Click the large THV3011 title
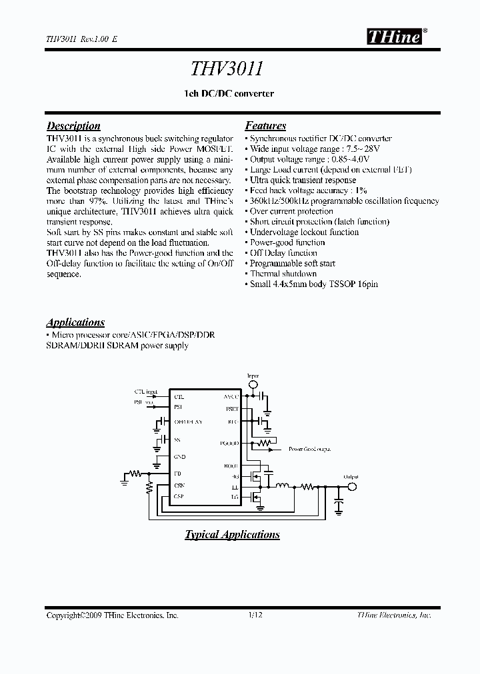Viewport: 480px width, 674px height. (x=228, y=70)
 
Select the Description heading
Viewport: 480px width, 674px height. (x=73, y=126)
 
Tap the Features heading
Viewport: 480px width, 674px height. (x=265, y=126)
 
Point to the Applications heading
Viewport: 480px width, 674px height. (x=75, y=322)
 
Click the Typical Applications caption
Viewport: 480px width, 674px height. (x=232, y=535)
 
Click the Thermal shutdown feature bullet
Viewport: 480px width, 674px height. (x=283, y=274)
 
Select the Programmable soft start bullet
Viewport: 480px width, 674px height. (x=292, y=263)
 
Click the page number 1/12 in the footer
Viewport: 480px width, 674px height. (x=256, y=616)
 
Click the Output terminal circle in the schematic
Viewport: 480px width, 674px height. (x=353, y=487)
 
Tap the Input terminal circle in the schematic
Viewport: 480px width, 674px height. (x=253, y=384)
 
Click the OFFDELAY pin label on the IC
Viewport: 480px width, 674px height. (x=188, y=422)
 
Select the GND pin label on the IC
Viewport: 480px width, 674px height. (x=179, y=457)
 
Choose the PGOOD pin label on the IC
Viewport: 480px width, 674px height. (x=229, y=443)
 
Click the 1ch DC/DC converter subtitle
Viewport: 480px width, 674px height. (x=228, y=94)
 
